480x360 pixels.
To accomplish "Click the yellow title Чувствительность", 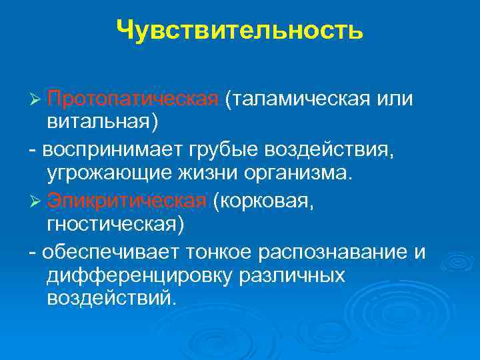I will click(x=239, y=30).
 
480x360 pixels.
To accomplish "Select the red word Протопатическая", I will click(x=133, y=99).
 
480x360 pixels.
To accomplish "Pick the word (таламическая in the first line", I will click(x=297, y=99).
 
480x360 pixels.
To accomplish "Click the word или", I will click(x=395, y=99).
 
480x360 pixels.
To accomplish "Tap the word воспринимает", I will click(x=113, y=150).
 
